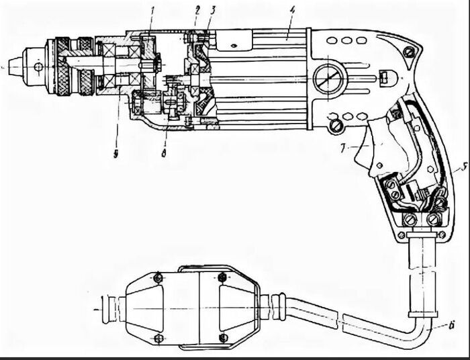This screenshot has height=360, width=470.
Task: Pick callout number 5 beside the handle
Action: click(464, 167)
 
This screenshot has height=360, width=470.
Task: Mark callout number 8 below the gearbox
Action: click(164, 154)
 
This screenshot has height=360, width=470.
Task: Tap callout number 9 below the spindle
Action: click(115, 154)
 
